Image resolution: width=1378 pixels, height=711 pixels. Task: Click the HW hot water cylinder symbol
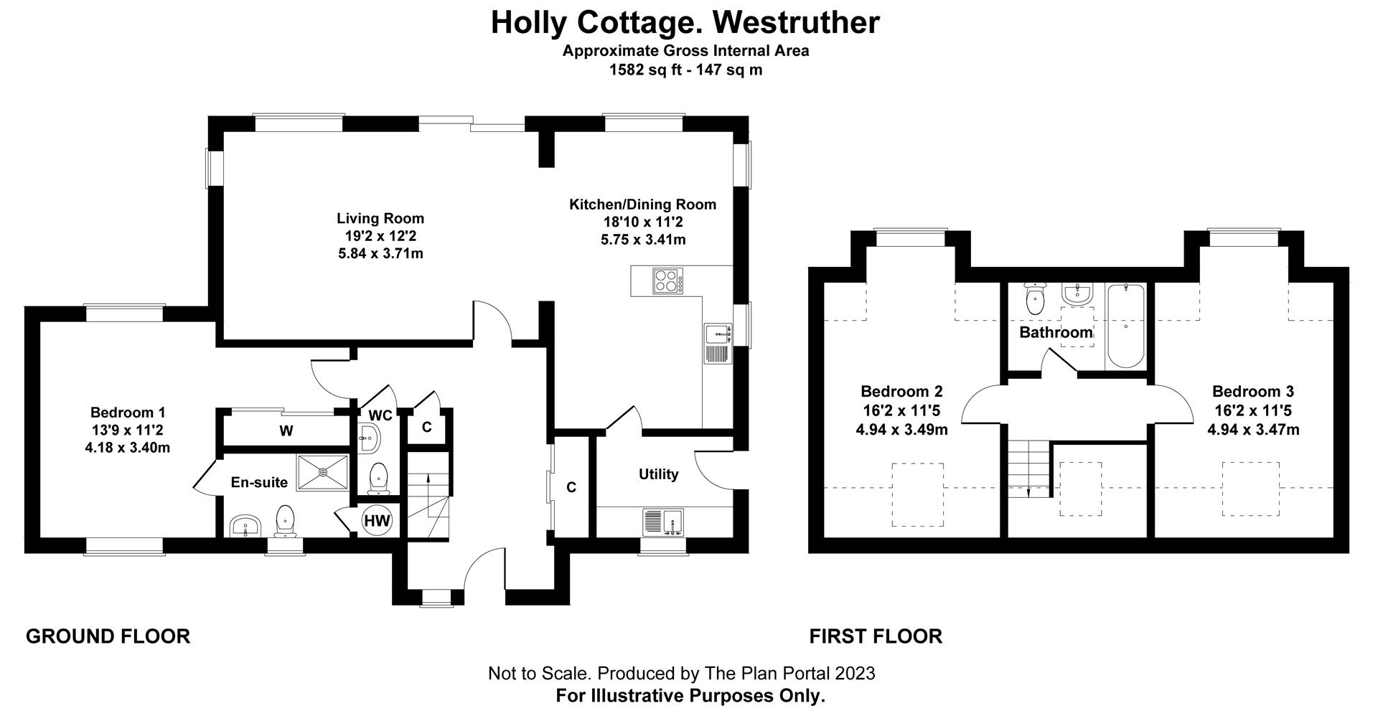376,521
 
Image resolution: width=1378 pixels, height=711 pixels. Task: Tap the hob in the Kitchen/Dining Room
667,281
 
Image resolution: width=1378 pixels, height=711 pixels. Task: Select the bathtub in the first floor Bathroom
1125,326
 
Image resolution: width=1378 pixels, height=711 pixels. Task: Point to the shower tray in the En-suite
323,472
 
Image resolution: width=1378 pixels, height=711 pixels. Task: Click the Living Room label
380,218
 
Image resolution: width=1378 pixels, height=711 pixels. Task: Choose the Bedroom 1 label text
128,413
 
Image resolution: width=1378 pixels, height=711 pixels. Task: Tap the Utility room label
658,474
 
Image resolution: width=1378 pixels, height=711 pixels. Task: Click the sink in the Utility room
664,522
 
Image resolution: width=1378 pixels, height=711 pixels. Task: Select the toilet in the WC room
378,479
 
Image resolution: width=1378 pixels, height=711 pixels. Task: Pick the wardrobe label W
286,431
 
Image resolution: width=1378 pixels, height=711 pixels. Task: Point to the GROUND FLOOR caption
108,636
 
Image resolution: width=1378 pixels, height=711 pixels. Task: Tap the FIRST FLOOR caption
876,636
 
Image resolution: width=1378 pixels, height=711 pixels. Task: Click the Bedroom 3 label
1253,392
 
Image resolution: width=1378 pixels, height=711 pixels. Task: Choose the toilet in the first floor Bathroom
1035,299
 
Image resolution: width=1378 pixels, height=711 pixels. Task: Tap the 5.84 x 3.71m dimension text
380,253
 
